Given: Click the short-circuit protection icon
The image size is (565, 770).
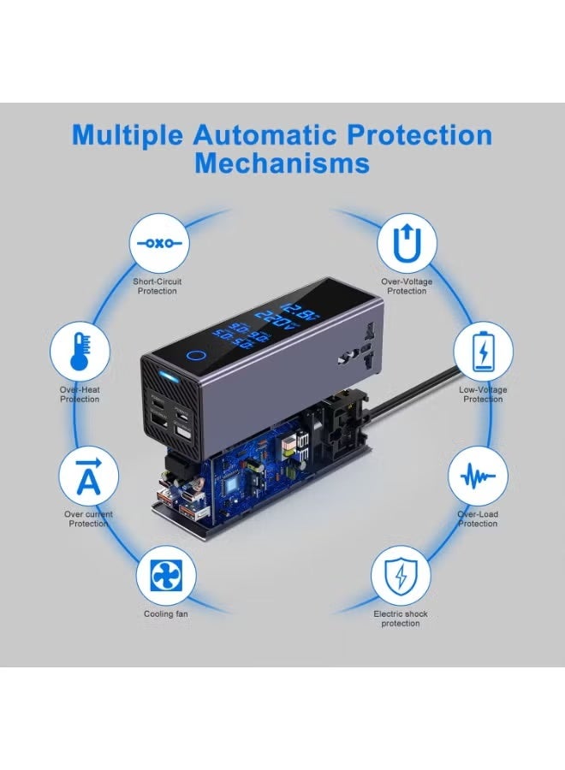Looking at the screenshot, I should [x=157, y=242].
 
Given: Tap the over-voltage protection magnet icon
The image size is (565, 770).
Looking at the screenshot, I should [x=407, y=243].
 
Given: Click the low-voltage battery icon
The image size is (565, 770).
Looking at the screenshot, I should [x=483, y=351].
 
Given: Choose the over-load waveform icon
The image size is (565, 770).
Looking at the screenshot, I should [x=478, y=477].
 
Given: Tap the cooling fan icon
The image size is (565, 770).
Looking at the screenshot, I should [x=165, y=575].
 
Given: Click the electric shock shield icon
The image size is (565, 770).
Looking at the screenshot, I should [x=400, y=575].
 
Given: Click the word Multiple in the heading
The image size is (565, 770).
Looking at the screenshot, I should [x=127, y=135].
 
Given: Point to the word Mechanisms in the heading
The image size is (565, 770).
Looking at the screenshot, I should [x=282, y=163].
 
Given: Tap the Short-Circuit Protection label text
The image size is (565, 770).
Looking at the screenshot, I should [x=157, y=286].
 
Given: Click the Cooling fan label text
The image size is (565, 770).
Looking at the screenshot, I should [x=166, y=614].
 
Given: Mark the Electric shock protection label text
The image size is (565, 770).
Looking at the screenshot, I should [x=400, y=619].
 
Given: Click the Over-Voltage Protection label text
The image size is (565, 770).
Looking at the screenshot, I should [x=407, y=286].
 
